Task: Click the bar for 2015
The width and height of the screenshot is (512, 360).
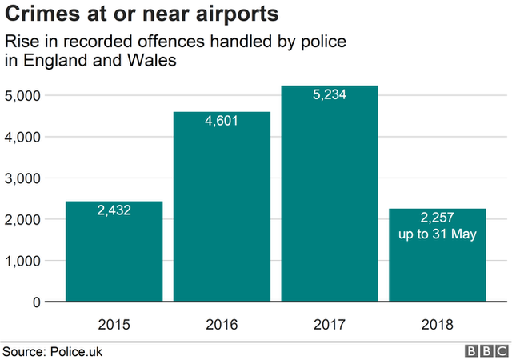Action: (114, 252)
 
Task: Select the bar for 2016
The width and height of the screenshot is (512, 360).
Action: (222, 207)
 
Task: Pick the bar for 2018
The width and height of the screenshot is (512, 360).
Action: (437, 256)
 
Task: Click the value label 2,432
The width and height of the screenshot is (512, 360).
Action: (114, 211)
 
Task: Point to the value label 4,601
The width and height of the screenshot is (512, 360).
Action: (222, 122)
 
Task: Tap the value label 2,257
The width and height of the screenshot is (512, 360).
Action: (437, 218)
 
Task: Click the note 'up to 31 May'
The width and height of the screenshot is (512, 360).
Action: (437, 234)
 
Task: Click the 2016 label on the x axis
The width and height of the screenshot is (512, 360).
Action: (222, 325)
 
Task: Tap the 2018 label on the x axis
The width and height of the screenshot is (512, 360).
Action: (437, 325)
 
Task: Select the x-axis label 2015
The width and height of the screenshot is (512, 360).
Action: (114, 325)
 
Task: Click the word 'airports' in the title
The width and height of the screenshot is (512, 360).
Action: (233, 14)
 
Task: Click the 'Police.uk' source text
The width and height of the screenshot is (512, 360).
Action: (76, 351)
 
